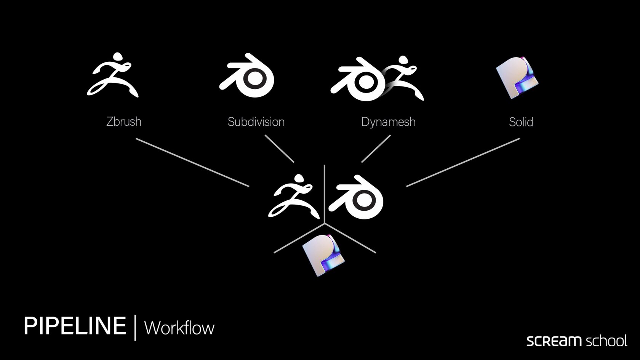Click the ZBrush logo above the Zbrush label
coord(113,75)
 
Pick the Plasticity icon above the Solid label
coord(517,77)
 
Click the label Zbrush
coord(124,122)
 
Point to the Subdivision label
coord(256,122)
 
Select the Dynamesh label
coord(388,122)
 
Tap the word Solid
coord(521,122)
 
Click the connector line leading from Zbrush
coord(192,162)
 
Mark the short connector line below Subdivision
coord(279,149)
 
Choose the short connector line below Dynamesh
coord(376,149)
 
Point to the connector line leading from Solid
coord(463,162)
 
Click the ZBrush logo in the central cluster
coord(293,196)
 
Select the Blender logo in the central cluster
coord(357,197)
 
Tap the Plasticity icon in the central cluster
coord(323,255)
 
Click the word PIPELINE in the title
coord(75,326)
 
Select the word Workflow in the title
coord(179,328)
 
